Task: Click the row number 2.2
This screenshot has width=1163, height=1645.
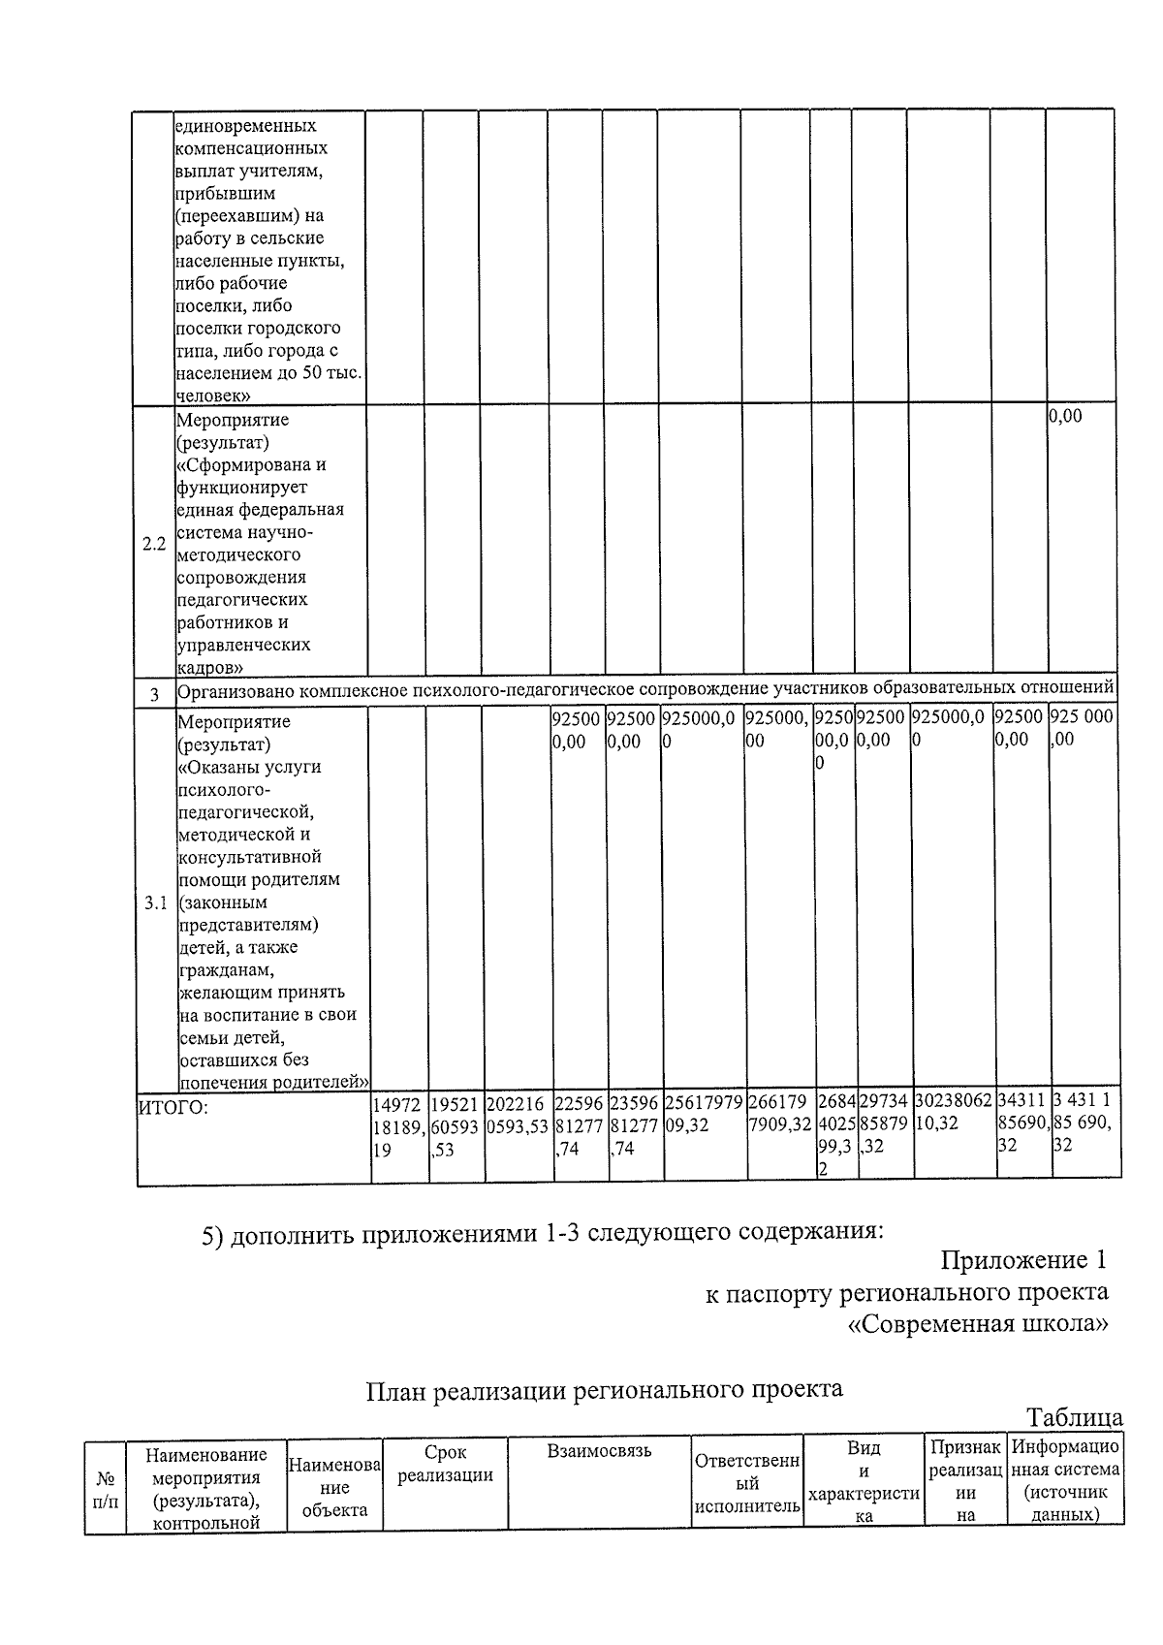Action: (153, 544)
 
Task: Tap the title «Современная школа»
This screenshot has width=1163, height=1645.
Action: (978, 1324)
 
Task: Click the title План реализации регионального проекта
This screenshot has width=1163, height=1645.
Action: (604, 1388)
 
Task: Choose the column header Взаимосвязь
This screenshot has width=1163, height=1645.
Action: (599, 1451)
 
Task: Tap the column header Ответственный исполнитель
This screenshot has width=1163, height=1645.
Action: (746, 1483)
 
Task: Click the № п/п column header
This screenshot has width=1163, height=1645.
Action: (106, 1490)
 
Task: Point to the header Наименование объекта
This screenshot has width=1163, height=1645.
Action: (334, 1488)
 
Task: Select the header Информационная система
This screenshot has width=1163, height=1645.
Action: (1064, 1480)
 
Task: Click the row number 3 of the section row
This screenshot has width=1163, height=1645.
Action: (154, 695)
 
